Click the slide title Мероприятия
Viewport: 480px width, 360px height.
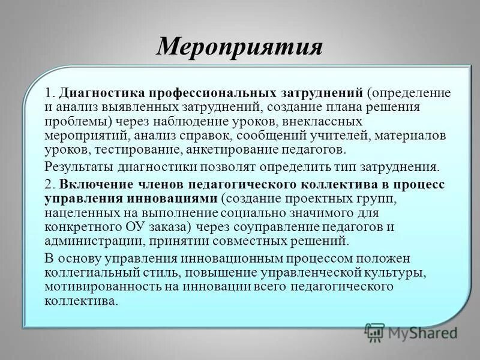[240, 47]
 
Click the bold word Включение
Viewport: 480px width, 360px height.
[93, 185]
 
